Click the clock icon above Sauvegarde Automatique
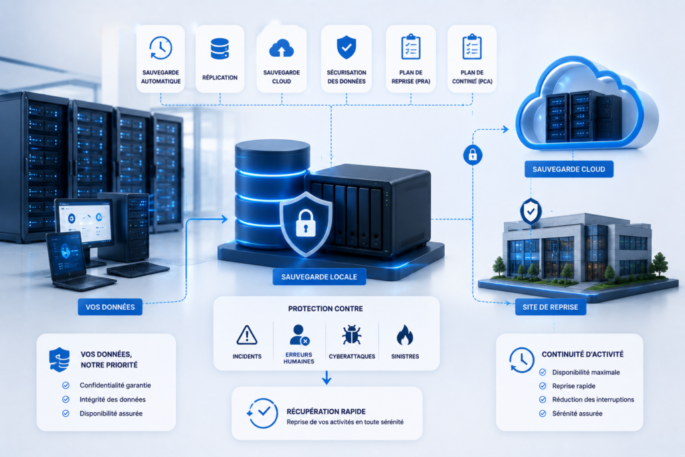161,48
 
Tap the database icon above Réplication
219,48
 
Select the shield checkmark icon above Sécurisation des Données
347,47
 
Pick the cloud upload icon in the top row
282,48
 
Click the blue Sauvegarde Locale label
319,277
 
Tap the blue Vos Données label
110,307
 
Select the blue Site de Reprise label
551,307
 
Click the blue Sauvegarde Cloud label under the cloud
569,169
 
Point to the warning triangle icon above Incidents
247,335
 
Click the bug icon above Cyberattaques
352,335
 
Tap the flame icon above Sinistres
405,335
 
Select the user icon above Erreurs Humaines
299,335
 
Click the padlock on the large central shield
305,223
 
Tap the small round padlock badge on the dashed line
473,155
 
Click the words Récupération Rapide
326,412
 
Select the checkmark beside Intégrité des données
66,399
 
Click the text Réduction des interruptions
593,399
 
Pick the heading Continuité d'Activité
583,355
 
